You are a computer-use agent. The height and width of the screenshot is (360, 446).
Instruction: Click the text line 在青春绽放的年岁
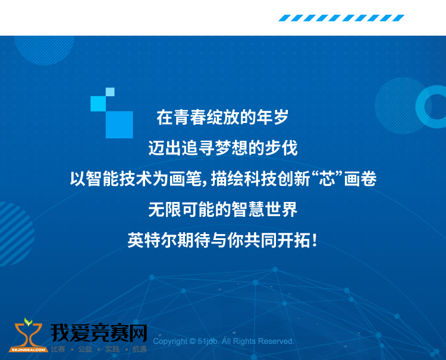(x=222, y=117)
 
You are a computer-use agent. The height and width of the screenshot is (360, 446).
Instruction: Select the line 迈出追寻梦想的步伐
(x=223, y=148)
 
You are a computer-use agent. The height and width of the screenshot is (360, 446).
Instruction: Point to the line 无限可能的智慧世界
(x=223, y=210)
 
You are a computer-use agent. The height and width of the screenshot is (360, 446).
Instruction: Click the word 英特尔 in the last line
(x=152, y=240)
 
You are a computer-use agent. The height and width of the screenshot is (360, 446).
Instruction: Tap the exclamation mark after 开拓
(x=314, y=240)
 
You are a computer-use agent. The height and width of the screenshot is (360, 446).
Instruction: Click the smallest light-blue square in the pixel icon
(x=110, y=92)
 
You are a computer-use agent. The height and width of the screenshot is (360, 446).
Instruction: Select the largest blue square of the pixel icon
(x=119, y=125)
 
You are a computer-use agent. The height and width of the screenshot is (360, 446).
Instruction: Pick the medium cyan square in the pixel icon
(x=98, y=104)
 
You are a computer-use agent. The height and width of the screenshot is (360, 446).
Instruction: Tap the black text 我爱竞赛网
(x=99, y=333)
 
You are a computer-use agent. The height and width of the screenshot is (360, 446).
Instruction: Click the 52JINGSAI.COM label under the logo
(x=28, y=350)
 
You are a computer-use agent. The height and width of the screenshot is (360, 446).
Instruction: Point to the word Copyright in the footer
(x=170, y=341)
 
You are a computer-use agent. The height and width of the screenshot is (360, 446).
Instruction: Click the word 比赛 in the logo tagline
(x=58, y=349)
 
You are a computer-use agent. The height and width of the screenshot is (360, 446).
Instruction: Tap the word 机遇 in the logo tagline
(x=139, y=349)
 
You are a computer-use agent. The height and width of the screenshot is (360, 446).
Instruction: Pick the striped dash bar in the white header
(x=341, y=18)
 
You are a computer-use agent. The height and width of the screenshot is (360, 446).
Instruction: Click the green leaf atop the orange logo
(x=28, y=321)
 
